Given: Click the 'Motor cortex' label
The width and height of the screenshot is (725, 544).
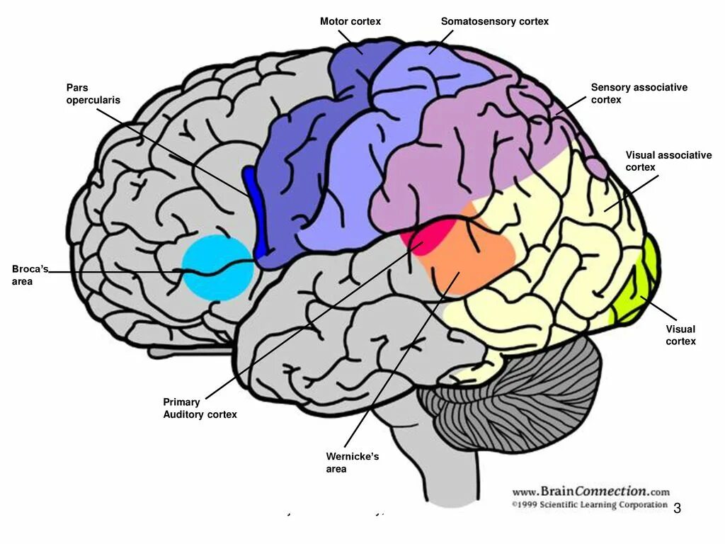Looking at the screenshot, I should [x=350, y=22].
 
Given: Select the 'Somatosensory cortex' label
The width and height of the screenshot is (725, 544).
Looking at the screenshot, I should [x=494, y=22].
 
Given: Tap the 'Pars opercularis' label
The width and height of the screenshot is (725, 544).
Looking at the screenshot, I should [x=93, y=93].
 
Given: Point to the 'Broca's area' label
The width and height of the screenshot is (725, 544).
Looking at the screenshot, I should [x=30, y=275].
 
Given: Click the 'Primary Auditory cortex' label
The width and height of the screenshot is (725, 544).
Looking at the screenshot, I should [x=200, y=408].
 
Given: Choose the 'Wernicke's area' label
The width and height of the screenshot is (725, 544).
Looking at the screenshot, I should [x=352, y=463].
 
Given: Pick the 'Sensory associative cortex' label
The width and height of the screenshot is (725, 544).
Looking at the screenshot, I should [x=639, y=93].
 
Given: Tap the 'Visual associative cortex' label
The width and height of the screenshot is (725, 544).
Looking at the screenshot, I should [x=668, y=161].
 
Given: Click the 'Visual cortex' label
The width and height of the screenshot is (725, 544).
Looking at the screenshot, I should [x=680, y=335].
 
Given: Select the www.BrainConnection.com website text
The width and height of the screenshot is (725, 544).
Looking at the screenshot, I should [x=590, y=492].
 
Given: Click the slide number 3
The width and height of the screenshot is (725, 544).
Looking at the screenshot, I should [x=677, y=508].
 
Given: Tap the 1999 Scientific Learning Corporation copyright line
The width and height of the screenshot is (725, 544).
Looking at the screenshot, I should [x=589, y=505].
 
